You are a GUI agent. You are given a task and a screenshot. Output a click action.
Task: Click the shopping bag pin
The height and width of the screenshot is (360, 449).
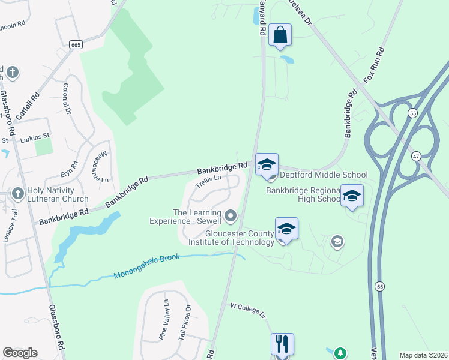tap(280, 35)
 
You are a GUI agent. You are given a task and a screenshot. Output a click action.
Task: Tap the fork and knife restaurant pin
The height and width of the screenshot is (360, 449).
tap(282, 344)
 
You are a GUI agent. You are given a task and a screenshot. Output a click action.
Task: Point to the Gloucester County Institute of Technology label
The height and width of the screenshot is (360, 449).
tap(231, 238)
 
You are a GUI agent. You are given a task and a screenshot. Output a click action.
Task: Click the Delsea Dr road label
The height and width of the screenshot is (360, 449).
tap(300, 11)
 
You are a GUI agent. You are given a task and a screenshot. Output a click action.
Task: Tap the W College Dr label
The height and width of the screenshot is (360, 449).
tap(248, 310)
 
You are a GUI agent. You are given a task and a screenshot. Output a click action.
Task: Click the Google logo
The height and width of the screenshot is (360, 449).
tap(20, 353)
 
